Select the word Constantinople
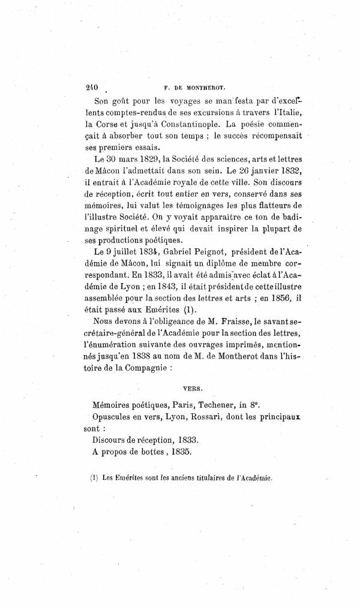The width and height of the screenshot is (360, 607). [177, 124]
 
